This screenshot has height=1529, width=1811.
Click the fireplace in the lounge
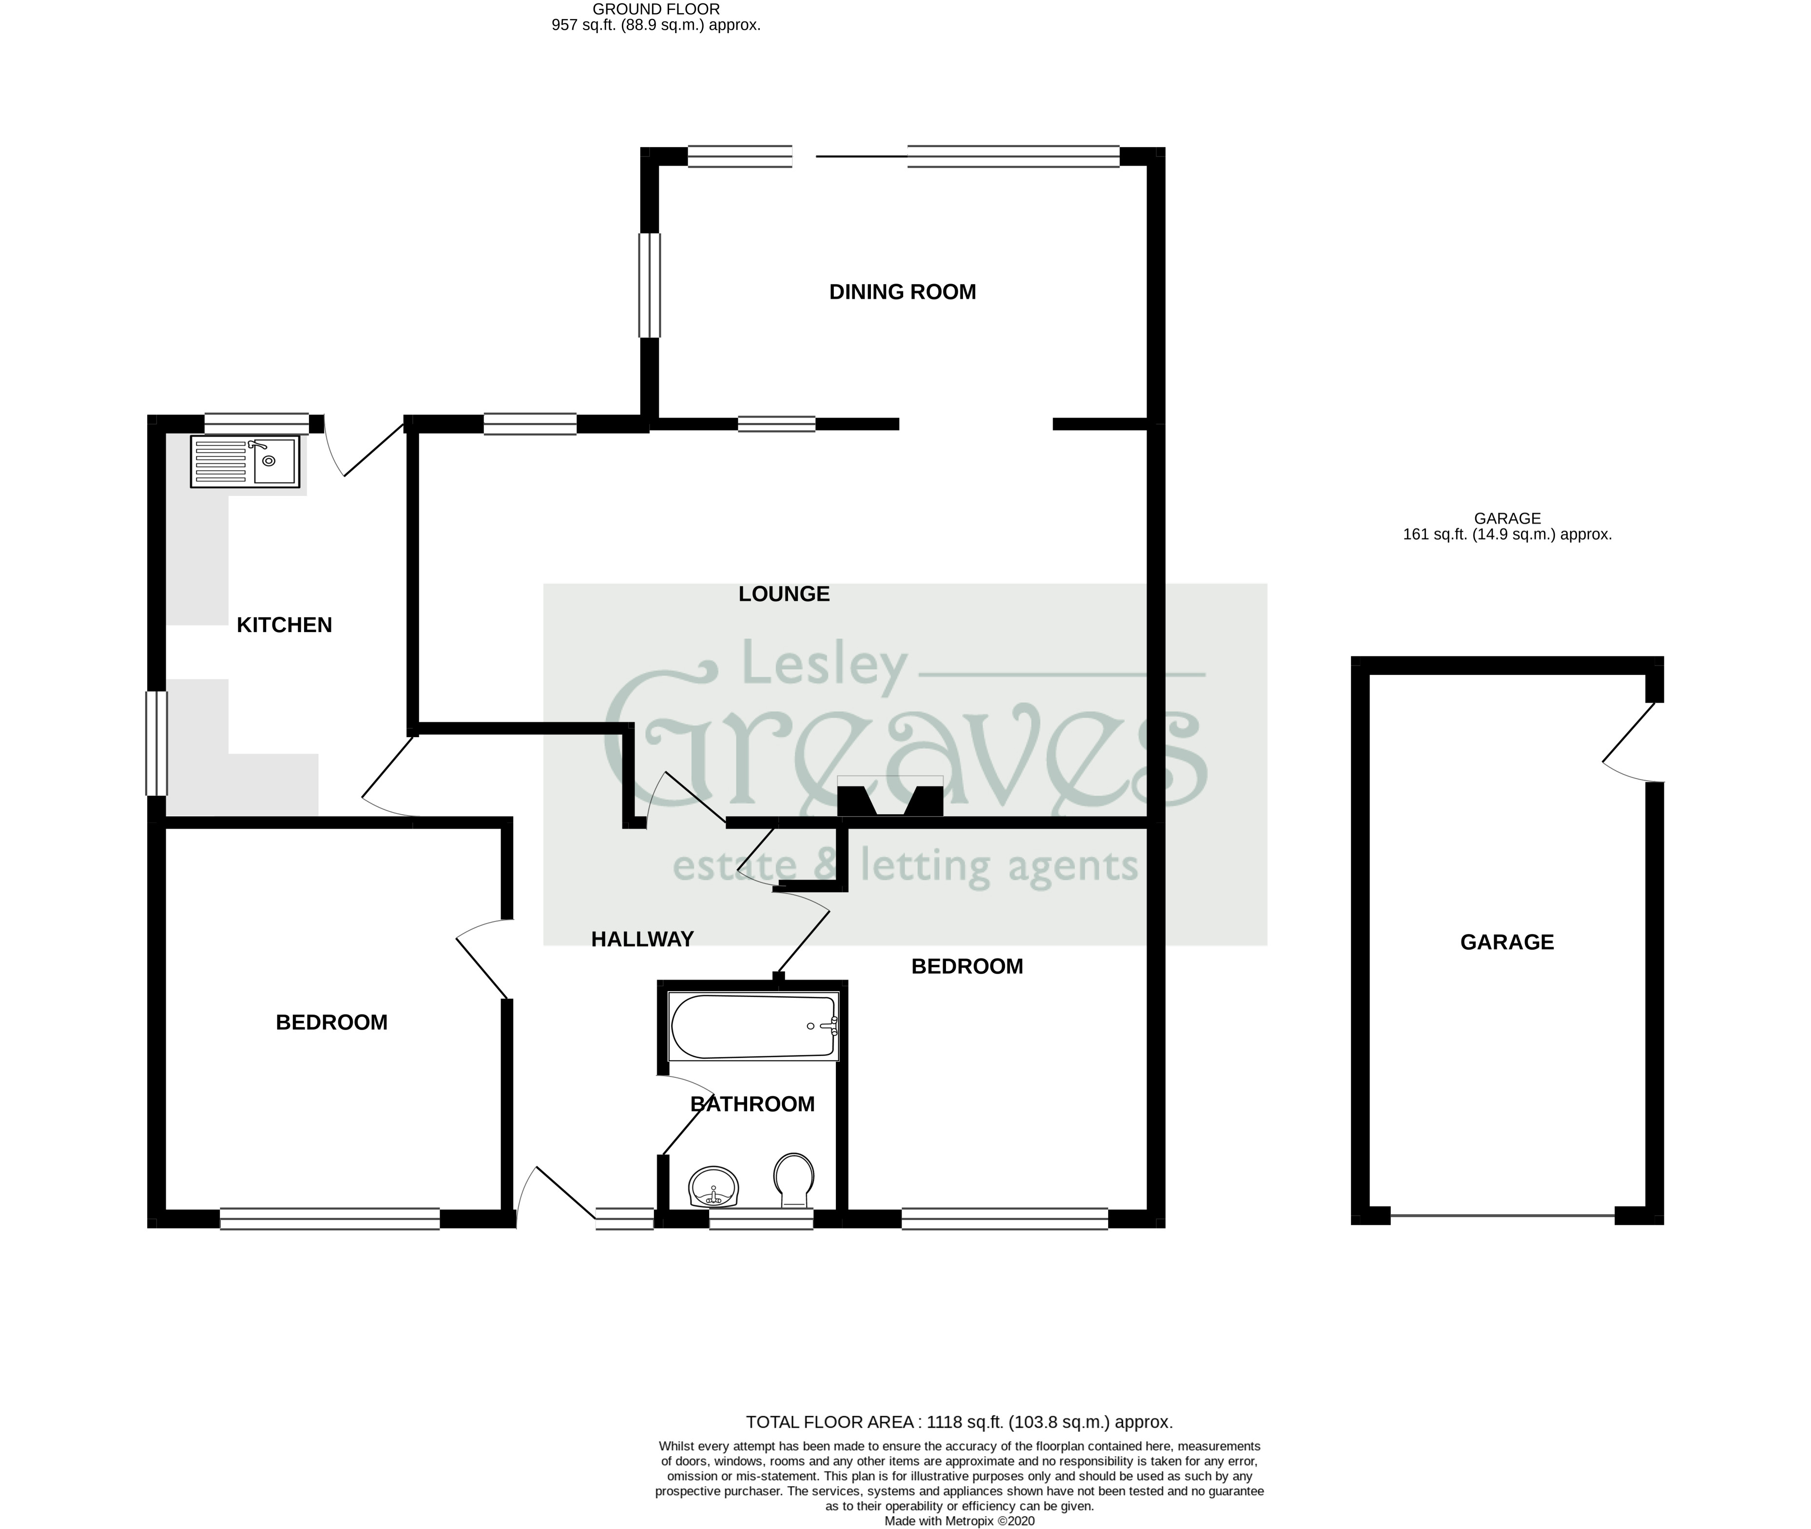pos(890,798)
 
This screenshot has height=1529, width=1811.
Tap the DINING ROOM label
pos(903,292)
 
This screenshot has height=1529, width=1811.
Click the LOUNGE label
pos(784,594)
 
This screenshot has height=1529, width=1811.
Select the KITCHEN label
pos(284,625)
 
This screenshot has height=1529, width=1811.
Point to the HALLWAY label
pos(642,939)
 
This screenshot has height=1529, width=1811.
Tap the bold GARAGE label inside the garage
pos(1507,942)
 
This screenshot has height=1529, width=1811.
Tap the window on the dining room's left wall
pos(649,285)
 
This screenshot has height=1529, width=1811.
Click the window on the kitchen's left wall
pos(156,743)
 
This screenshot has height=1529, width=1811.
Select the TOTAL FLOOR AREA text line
pos(959,1421)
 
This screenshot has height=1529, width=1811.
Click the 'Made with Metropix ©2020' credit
pos(959,1520)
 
